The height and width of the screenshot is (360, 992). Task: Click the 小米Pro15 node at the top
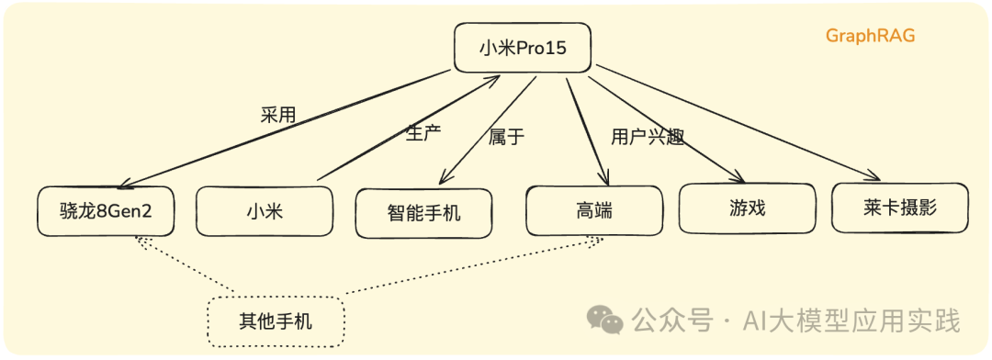click(x=522, y=48)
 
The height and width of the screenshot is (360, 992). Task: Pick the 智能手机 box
click(x=423, y=213)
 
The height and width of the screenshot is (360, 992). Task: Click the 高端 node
click(x=593, y=209)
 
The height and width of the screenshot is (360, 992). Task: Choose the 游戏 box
click(x=746, y=208)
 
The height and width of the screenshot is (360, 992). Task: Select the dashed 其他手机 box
click(x=276, y=321)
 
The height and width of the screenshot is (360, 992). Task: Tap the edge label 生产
click(x=423, y=132)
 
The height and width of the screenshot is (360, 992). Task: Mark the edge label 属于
click(x=506, y=137)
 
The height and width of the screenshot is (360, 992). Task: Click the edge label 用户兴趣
click(x=648, y=137)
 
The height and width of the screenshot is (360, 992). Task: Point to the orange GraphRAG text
click(x=870, y=36)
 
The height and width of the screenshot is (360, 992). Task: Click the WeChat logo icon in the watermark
click(x=605, y=320)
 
